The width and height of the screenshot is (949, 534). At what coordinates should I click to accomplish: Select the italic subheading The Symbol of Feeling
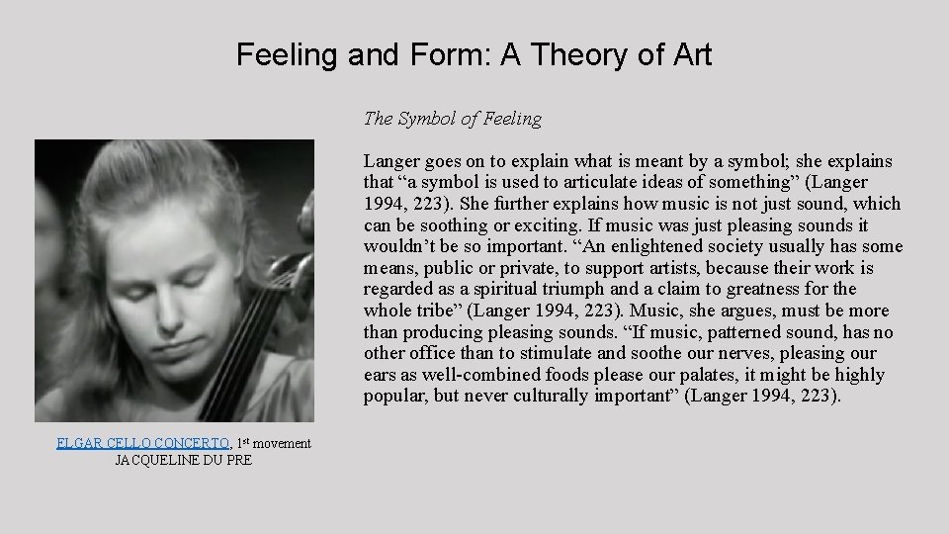coord(453,119)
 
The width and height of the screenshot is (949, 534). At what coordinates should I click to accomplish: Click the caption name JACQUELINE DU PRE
coord(184,460)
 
